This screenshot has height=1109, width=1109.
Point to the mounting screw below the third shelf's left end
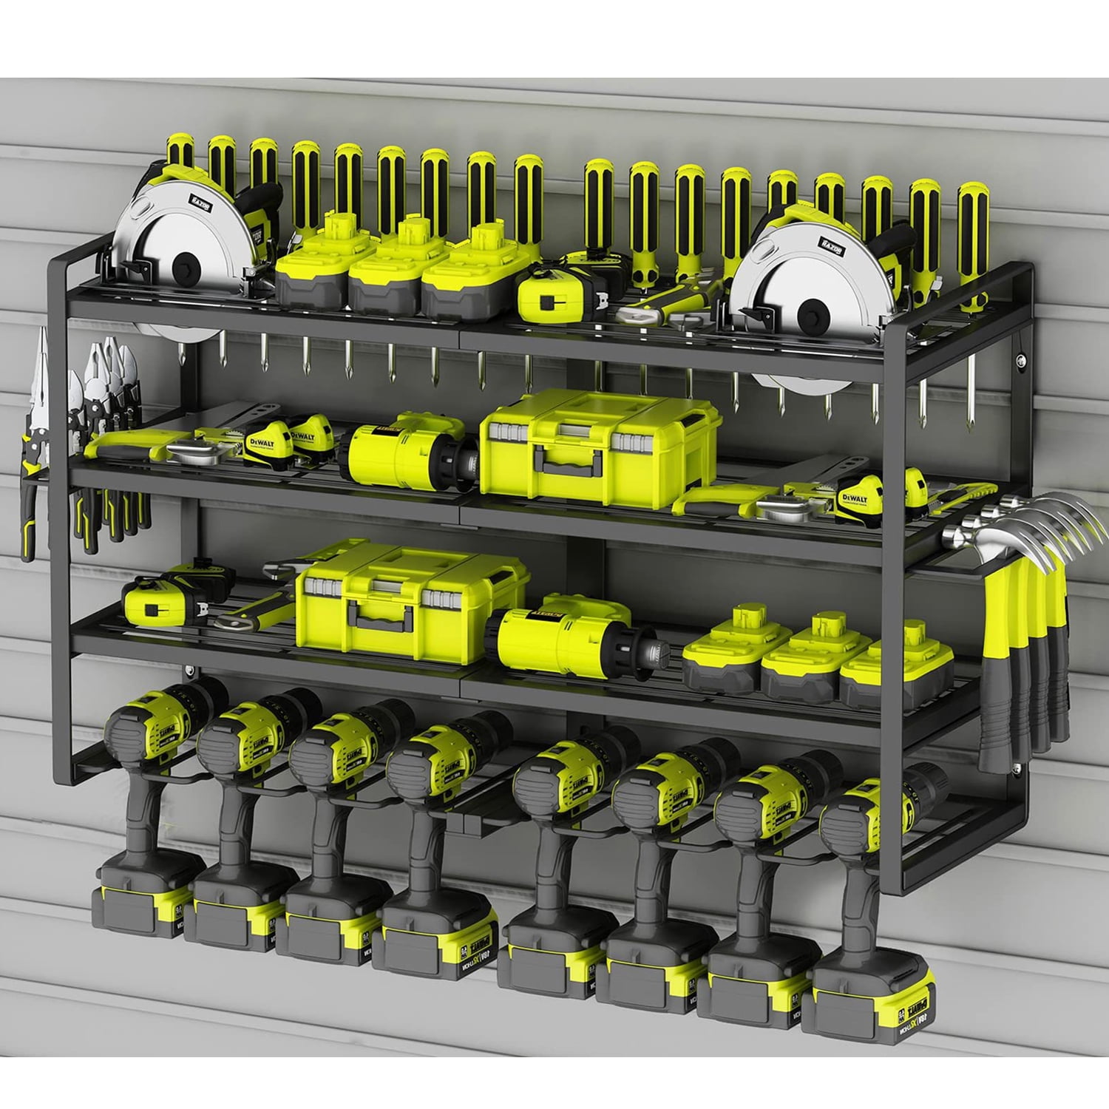point(191,671)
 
